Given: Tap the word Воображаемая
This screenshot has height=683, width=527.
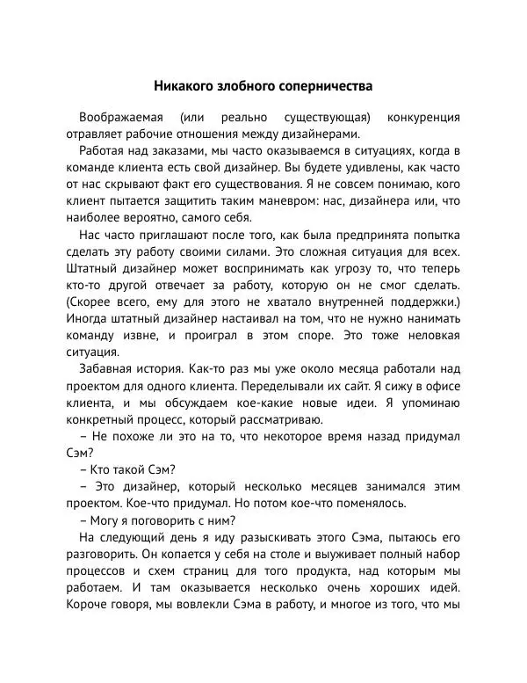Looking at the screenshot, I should pyautogui.click(x=120, y=117).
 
